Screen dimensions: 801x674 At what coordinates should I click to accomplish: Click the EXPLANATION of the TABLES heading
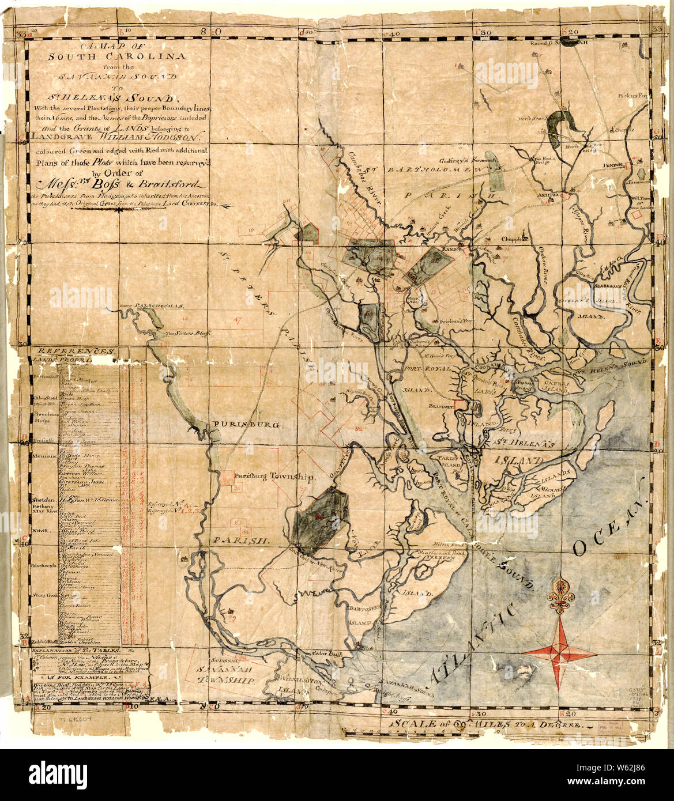(x=80, y=650)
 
